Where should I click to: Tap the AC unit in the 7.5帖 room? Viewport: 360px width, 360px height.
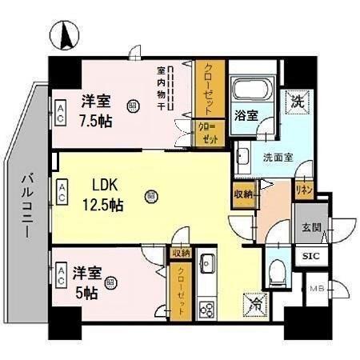point(61,111)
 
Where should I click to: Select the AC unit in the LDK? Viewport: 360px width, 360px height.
point(61,191)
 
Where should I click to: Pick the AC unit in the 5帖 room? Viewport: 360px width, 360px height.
point(61,275)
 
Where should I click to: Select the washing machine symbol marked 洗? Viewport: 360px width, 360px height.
point(297,101)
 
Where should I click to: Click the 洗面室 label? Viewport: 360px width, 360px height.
point(278,157)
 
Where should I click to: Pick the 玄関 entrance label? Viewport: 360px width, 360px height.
point(311,228)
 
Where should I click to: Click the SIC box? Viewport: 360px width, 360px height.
point(310,257)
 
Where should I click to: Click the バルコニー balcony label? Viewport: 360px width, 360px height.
point(26,204)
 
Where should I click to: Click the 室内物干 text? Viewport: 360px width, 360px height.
point(161,89)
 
